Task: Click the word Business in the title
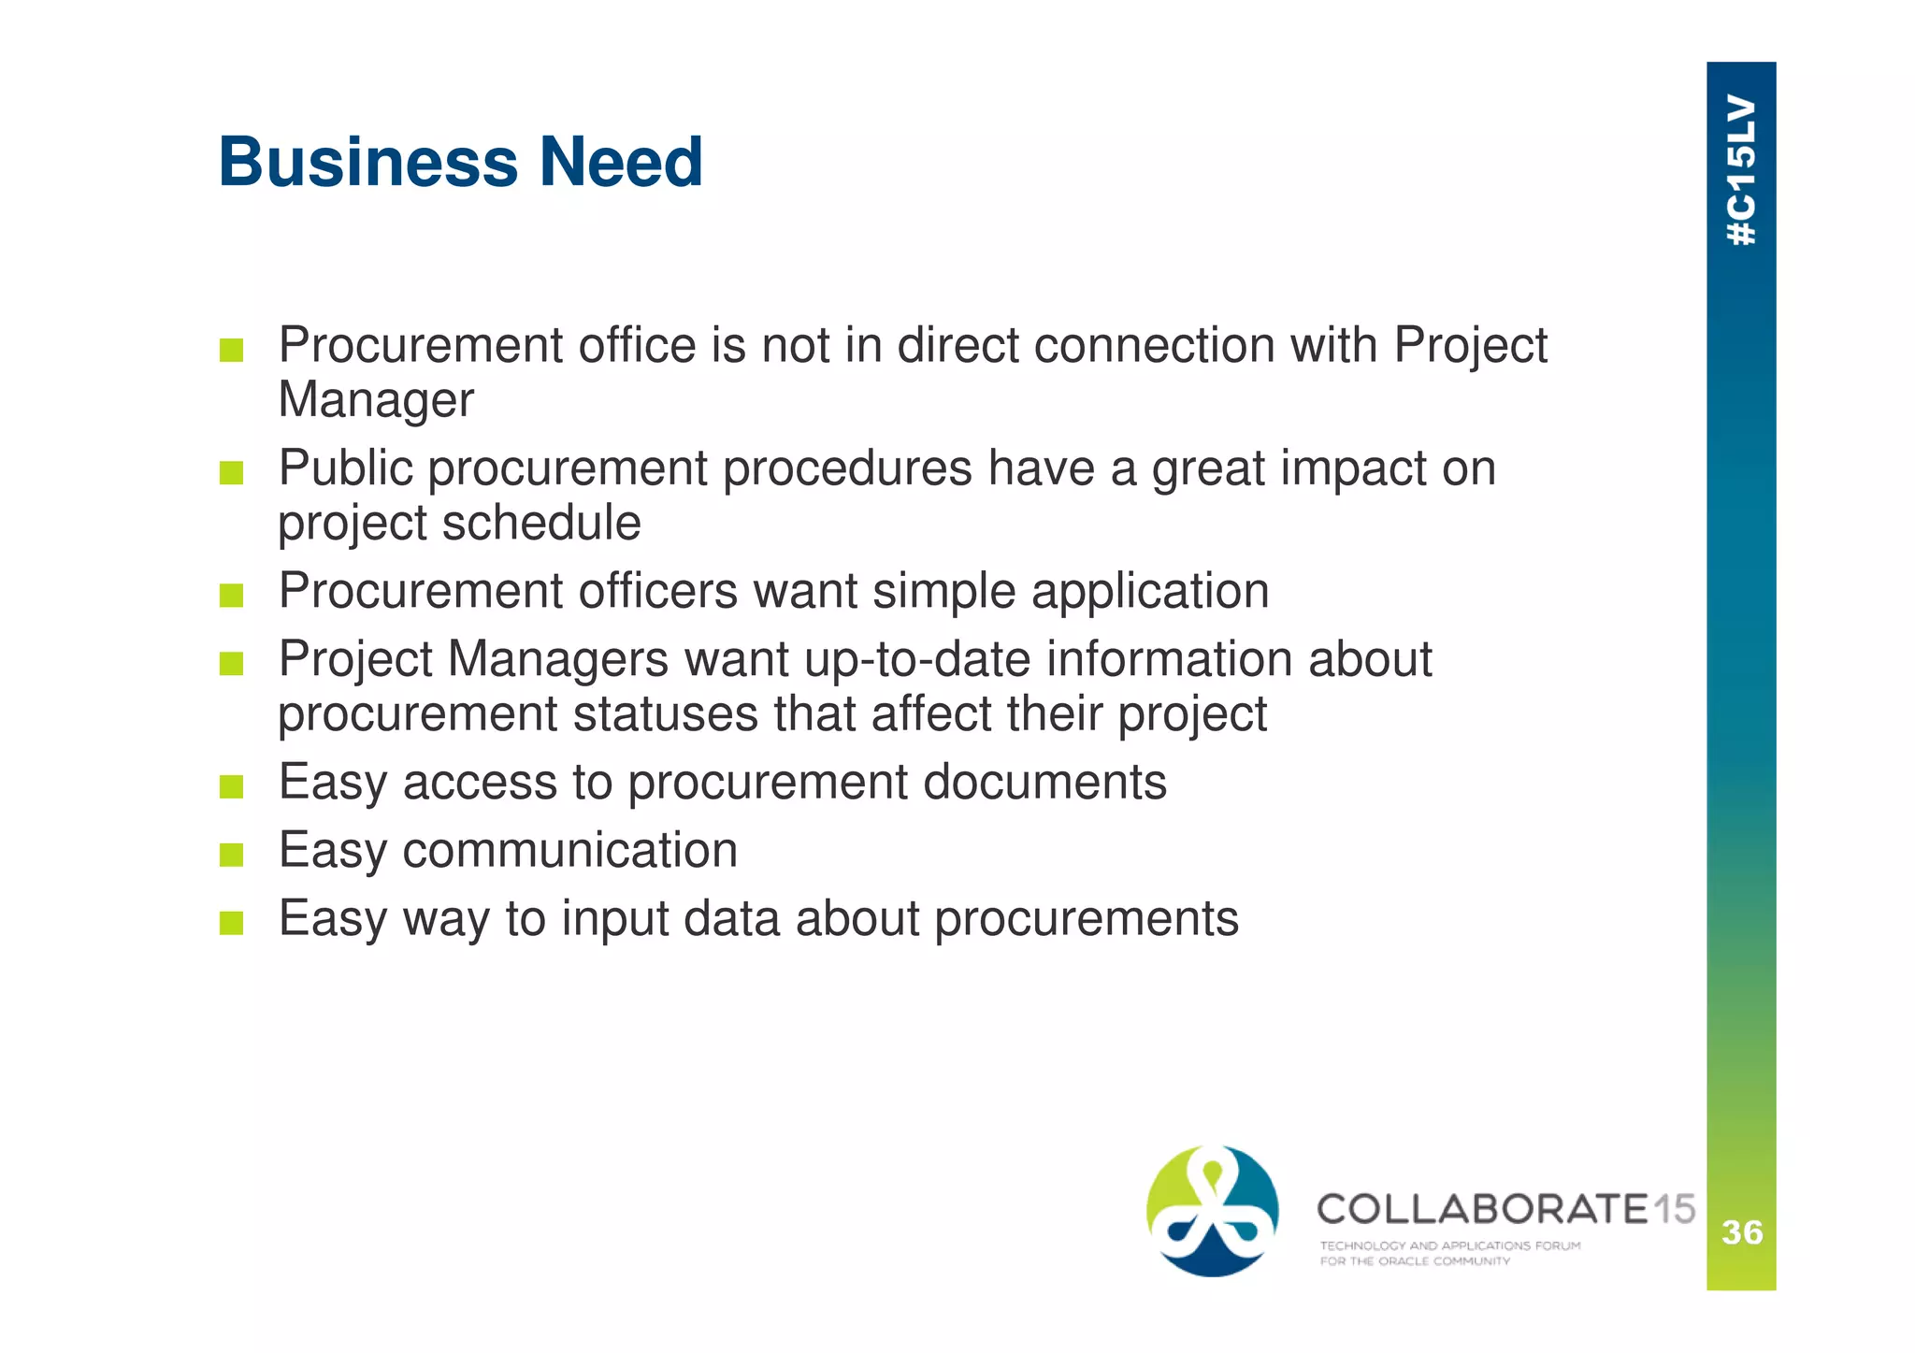pyautogui.click(x=367, y=163)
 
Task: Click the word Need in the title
pyautogui.click(x=620, y=163)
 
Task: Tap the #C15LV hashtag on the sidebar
pyautogui.click(x=1741, y=170)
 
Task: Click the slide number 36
pyautogui.click(x=1742, y=1232)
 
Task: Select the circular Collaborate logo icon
pyautogui.click(x=1212, y=1211)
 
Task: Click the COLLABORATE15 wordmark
pyautogui.click(x=1505, y=1209)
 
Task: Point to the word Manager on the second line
pyautogui.click(x=376, y=400)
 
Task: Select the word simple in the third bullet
pyautogui.click(x=943, y=591)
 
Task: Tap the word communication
pyautogui.click(x=569, y=850)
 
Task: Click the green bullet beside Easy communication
pyautogui.click(x=231, y=855)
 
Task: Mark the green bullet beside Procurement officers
pyautogui.click(x=231, y=596)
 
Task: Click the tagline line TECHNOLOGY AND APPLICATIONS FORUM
pyautogui.click(x=1449, y=1245)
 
